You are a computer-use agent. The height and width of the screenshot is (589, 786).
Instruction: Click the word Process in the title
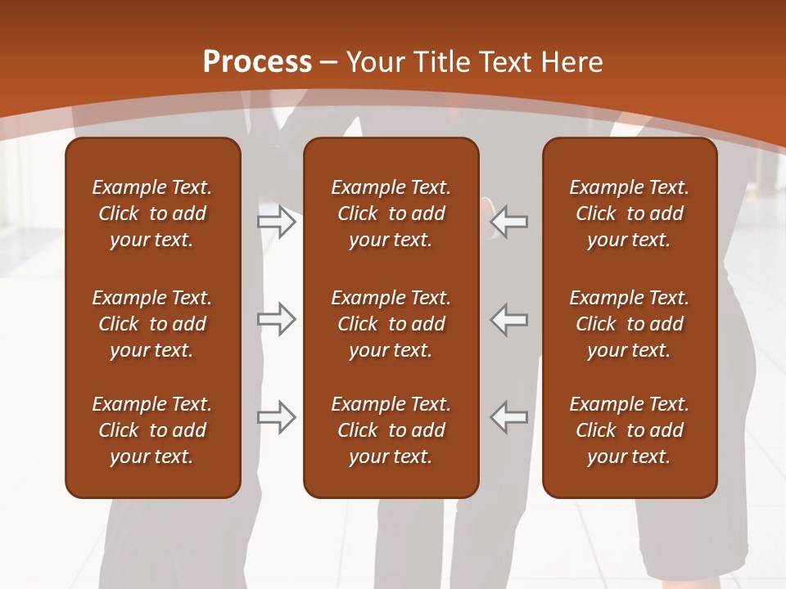coord(257,62)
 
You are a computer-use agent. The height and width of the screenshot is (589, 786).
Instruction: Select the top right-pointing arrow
coord(277,222)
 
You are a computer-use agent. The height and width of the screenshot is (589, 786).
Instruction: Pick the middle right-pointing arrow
coord(277,319)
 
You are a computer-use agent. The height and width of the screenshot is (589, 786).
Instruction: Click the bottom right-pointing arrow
coord(277,417)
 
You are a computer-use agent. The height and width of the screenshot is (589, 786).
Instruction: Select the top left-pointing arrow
coord(509,222)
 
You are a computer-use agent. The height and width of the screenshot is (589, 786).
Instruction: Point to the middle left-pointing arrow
coord(509,319)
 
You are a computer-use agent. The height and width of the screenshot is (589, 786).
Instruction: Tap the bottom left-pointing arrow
coord(509,417)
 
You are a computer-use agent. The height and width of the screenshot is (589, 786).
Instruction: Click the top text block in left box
coord(152,214)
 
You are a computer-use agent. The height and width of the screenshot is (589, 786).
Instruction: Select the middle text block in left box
coord(152,324)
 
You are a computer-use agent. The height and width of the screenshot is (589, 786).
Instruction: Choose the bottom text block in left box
coord(152,430)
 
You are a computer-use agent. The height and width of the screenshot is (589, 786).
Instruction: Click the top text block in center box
coord(391,214)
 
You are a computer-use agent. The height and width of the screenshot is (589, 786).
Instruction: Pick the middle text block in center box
coord(391,324)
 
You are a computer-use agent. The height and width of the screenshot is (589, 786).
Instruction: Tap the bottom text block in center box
coord(391,430)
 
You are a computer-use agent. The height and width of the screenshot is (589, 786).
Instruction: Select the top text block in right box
coord(629,214)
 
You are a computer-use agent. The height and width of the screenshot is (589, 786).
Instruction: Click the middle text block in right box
coord(629,324)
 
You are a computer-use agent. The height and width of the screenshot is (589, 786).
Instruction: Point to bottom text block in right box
coord(629,430)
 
